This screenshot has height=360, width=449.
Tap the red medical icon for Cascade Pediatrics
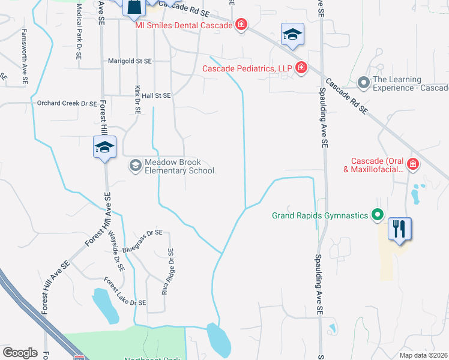pyautogui.click(x=301, y=68)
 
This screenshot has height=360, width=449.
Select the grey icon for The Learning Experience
pyautogui.click(x=363, y=82)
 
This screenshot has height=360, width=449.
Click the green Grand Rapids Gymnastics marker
pyautogui.click(x=377, y=214)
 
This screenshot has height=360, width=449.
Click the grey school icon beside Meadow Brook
pyautogui.click(x=136, y=165)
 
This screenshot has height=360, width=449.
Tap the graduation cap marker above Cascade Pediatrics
pyautogui.click(x=292, y=35)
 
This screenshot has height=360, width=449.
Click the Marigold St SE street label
pyautogui.click(x=130, y=61)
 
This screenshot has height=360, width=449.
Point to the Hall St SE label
pyautogui.click(x=155, y=95)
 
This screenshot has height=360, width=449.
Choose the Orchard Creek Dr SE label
pyautogui.click(x=67, y=104)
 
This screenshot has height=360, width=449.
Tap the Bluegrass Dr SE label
pyautogui.click(x=142, y=232)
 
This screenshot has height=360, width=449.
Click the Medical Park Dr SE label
pyautogui.click(x=79, y=31)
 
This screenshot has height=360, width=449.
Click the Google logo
pyautogui.click(x=20, y=352)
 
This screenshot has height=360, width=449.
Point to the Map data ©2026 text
pyautogui.click(x=423, y=356)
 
